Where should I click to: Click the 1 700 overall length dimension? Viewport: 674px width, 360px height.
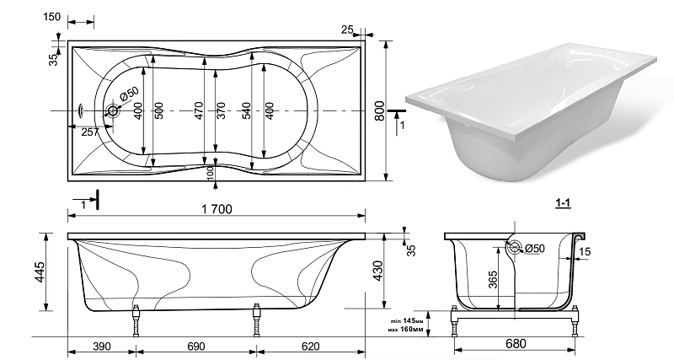(x=217, y=209)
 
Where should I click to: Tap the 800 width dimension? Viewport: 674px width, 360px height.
(x=379, y=110)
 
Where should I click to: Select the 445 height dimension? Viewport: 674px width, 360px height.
(x=40, y=272)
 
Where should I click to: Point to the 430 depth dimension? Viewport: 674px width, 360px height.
(x=377, y=271)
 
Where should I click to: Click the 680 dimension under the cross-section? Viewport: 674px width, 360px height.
(x=516, y=343)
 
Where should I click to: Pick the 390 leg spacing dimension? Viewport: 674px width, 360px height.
(x=102, y=347)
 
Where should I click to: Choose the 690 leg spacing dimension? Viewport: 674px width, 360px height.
(x=195, y=347)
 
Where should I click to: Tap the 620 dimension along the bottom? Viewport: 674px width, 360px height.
(x=311, y=347)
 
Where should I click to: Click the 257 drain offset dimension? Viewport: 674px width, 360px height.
(x=90, y=132)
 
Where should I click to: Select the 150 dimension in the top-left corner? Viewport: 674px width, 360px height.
(x=52, y=17)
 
